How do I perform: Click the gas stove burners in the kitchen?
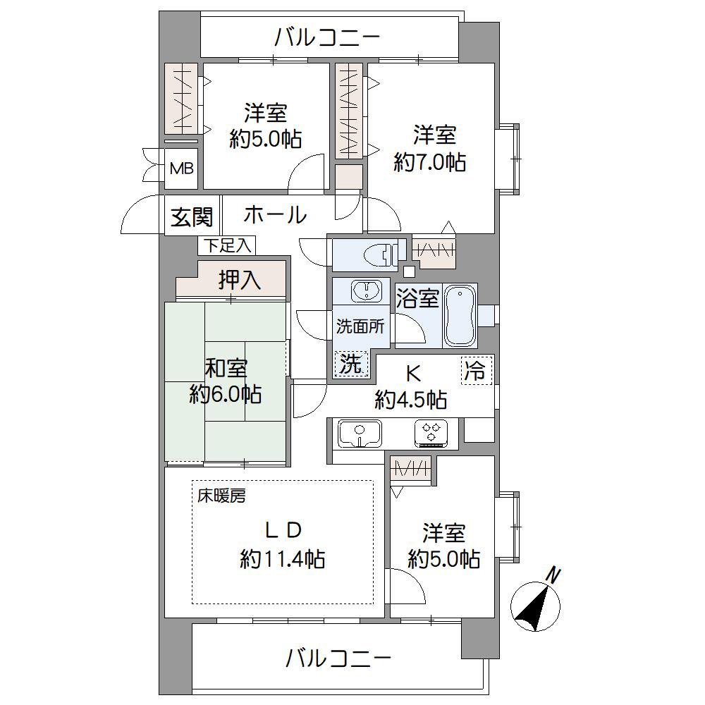(431, 433)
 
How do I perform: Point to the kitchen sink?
(360, 433)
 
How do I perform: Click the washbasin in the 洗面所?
(367, 291)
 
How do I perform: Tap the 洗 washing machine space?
(351, 364)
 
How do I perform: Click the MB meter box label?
(180, 170)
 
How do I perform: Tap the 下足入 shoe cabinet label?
(226, 245)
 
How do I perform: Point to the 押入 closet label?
(240, 280)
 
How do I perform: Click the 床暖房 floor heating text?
(221, 496)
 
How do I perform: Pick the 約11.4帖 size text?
(282, 560)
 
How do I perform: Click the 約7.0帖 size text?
(429, 163)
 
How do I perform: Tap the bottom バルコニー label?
(338, 659)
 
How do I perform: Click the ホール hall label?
(275, 215)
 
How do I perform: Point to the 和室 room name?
(226, 367)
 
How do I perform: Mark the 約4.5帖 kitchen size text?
(410, 401)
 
